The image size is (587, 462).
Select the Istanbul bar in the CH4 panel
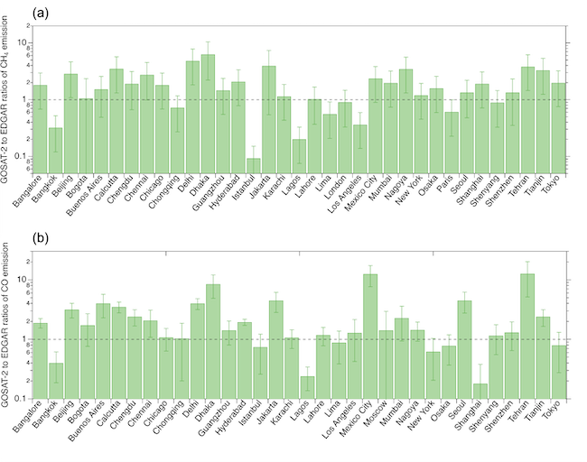point(255,164)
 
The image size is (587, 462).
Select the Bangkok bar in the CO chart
point(56,380)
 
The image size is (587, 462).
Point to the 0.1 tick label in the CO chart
point(22,398)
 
